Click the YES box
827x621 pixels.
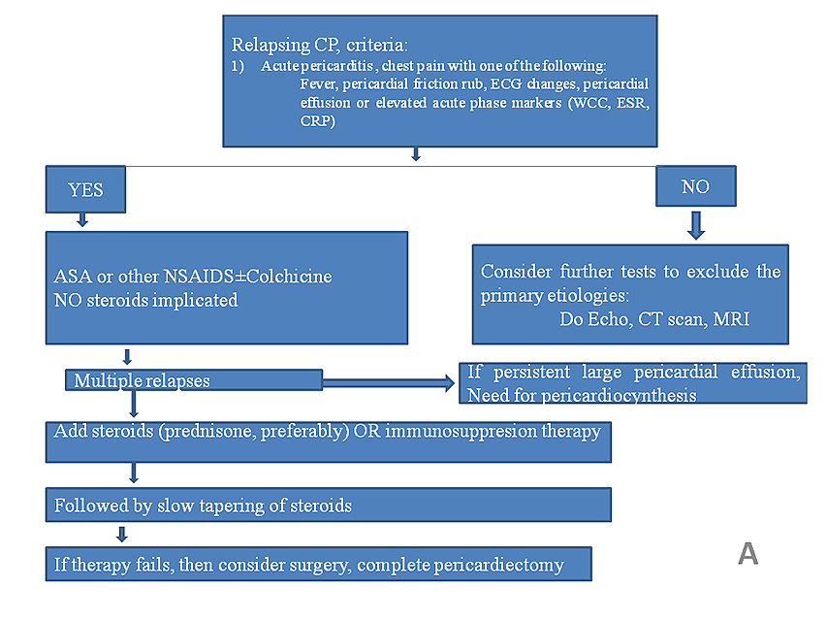pyautogui.click(x=86, y=190)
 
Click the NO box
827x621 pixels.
pyautogui.click(x=695, y=187)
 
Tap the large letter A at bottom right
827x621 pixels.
pyautogui.click(x=747, y=553)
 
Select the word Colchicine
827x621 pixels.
pyautogui.click(x=288, y=277)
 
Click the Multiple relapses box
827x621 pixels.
pyautogui.click(x=194, y=380)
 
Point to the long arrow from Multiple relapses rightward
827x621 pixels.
pyautogui.click(x=388, y=383)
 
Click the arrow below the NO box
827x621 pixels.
pyautogui.click(x=695, y=225)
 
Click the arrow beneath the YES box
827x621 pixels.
pyautogui.click(x=82, y=220)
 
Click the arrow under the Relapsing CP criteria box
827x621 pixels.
pyautogui.click(x=416, y=153)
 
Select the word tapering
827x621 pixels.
pyautogui.click(x=234, y=506)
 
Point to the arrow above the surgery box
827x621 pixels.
pyautogui.click(x=122, y=534)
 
